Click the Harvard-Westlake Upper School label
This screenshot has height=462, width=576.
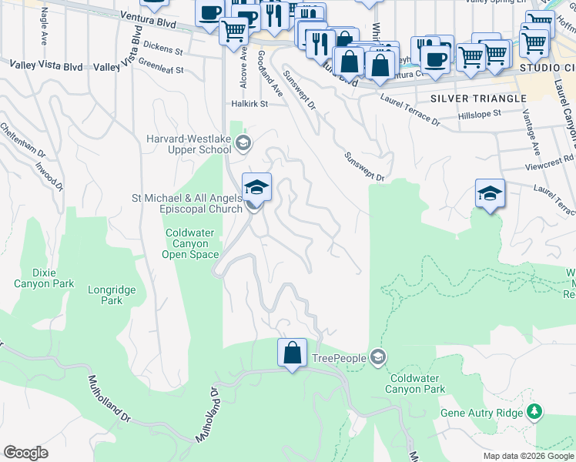click(x=188, y=144)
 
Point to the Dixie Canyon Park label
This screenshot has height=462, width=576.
click(x=44, y=278)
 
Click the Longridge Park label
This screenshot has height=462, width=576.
click(x=105, y=295)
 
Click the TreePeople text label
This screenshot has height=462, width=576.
click(x=340, y=357)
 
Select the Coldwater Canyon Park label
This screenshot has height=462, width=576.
click(x=417, y=383)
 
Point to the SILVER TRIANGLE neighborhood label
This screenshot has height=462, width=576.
click(x=478, y=99)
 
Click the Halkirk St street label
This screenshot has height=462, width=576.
click(x=248, y=103)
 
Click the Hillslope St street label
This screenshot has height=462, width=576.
click(x=479, y=112)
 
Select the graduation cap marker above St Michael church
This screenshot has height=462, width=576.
click(x=256, y=186)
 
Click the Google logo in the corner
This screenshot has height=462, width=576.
click(x=25, y=453)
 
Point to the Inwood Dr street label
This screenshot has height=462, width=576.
click(x=49, y=177)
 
